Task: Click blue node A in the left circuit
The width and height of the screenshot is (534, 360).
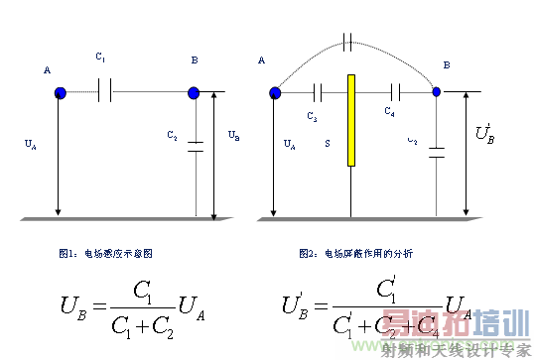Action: coord(60,92)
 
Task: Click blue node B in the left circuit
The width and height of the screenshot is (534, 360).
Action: coord(194,93)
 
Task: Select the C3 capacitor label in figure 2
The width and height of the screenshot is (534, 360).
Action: coord(313,118)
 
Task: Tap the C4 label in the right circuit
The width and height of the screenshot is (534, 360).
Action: coord(390,113)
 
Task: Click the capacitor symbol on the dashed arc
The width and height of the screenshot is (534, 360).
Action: coord(346,42)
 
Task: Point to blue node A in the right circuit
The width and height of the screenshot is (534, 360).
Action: coord(274,93)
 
